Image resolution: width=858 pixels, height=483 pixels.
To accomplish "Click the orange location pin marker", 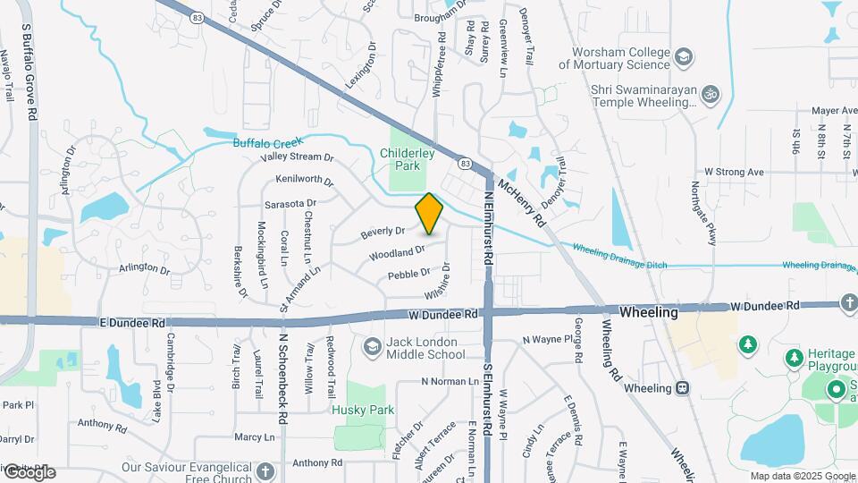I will pyautogui.click(x=429, y=214).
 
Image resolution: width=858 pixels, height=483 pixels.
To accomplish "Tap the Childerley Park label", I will pyautogui.click(x=407, y=159).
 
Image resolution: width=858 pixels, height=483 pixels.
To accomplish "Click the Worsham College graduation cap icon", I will pyautogui.click(x=684, y=58).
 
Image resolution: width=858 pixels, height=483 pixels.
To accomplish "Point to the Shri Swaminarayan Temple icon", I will pyautogui.click(x=711, y=92).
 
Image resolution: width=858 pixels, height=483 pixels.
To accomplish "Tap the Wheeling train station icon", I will pyautogui.click(x=683, y=387).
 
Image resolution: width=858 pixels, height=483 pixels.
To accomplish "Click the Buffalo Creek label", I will pyautogui.click(x=268, y=142).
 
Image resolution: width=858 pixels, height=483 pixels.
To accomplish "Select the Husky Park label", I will pyautogui.click(x=363, y=410).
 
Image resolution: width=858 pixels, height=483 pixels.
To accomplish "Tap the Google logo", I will pyautogui.click(x=29, y=472).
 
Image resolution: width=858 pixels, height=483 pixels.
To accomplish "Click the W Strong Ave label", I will pyautogui.click(x=734, y=171).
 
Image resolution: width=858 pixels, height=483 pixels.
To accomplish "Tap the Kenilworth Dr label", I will pyautogui.click(x=304, y=182).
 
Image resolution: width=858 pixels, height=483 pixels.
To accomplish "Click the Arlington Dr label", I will pyautogui.click(x=144, y=268).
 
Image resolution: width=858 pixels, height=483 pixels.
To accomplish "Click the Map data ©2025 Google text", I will pyautogui.click(x=802, y=476).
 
